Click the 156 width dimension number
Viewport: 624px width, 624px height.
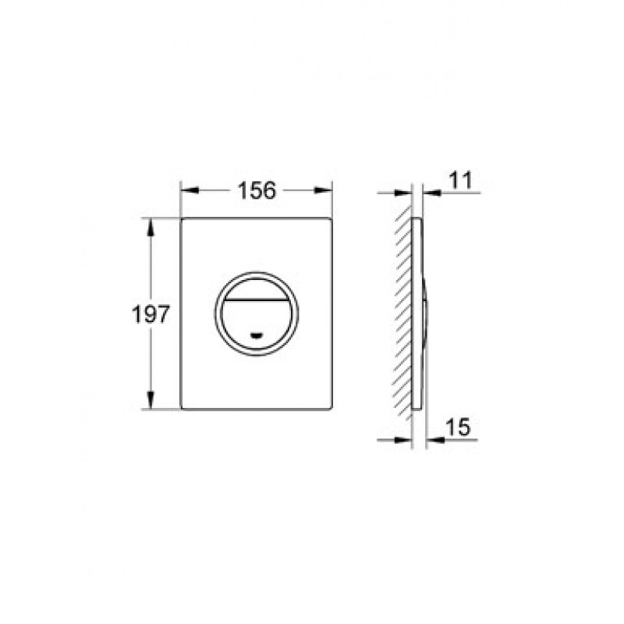pos(257,190)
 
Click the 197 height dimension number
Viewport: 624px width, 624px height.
pos(151,314)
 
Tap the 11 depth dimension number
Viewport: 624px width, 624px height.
pos(460,180)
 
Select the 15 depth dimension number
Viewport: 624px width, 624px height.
pos(458,427)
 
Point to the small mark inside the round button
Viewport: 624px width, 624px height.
pos(257,335)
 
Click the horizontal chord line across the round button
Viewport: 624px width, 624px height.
pos(257,299)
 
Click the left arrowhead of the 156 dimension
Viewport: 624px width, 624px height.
pos(190,190)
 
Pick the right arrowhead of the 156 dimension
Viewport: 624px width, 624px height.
pos(323,190)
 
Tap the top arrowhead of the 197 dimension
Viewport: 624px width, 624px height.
pos(151,227)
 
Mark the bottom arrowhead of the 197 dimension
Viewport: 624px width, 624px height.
pos(151,399)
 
